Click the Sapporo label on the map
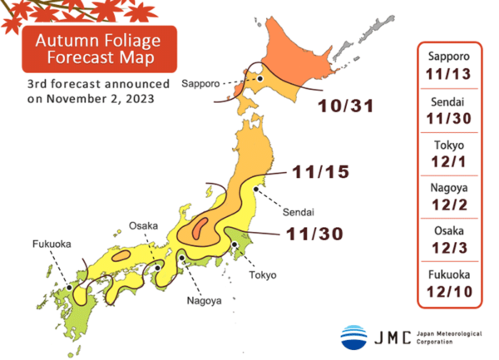click(x=200, y=84)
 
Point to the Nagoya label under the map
click(x=205, y=301)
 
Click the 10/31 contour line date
click(x=344, y=106)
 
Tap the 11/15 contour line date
click(x=320, y=173)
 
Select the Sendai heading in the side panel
click(x=449, y=102)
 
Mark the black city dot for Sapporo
click(x=259, y=79)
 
